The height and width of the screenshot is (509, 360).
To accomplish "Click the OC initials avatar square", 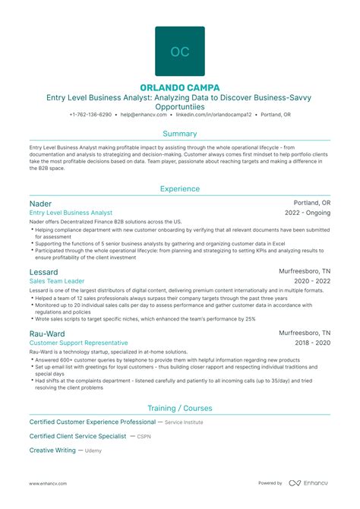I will [180, 52].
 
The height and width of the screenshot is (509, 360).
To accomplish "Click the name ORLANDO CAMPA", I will [180, 88].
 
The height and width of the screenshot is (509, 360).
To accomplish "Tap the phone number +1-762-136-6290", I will [90, 115].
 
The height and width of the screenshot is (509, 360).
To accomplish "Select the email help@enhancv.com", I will [147, 115].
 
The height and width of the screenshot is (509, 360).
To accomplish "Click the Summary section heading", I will [180, 133].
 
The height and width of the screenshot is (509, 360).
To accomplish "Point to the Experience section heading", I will [180, 188].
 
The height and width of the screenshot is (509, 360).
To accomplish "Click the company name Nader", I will [40, 204].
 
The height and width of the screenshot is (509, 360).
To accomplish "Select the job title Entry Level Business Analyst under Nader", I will [71, 213].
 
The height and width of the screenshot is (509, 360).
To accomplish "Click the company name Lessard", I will [44, 271].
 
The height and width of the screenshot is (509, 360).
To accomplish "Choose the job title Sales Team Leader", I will [57, 281].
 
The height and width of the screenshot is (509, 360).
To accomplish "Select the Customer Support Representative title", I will [77, 343].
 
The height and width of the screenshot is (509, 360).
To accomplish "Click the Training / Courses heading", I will [180, 407].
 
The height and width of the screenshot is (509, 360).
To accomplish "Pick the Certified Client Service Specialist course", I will [77, 436].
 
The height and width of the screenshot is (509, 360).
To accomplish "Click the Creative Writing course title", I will [52, 451].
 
